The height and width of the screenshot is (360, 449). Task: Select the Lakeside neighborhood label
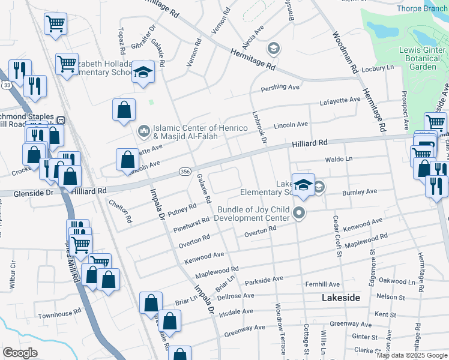point(341,298)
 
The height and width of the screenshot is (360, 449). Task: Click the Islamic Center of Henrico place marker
point(144,130)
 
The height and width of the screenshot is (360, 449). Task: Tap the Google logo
point(20,353)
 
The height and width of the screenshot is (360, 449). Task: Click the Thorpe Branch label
point(423,8)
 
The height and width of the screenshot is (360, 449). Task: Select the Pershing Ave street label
point(279,88)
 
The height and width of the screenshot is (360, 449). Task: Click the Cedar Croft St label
point(338,237)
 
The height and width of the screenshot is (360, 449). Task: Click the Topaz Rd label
point(119,38)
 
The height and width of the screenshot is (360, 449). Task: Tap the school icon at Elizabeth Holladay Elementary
point(143,73)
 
